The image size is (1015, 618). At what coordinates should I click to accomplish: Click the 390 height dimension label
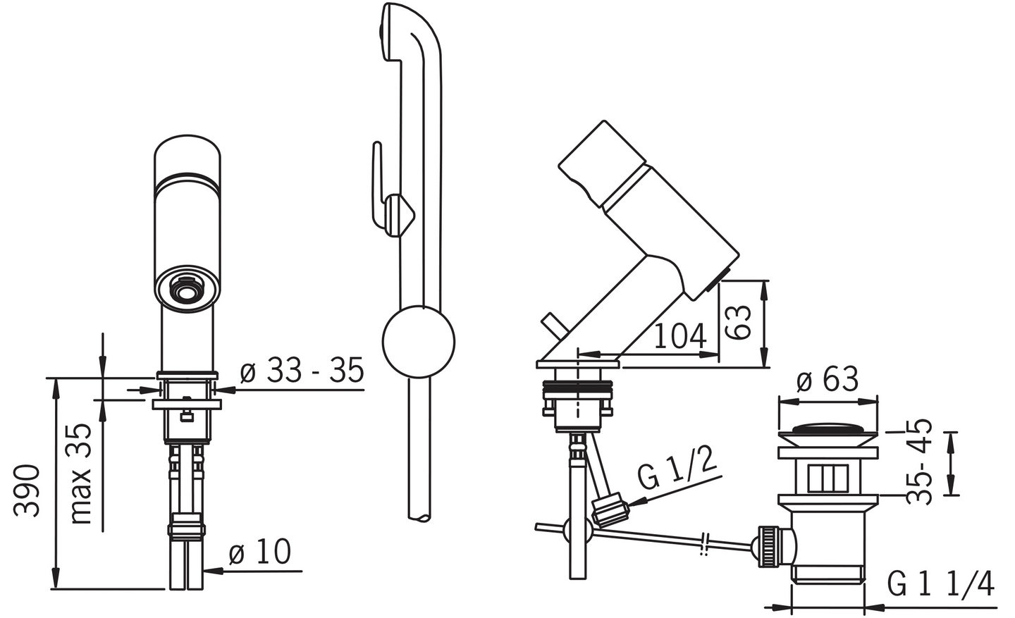pyautogui.click(x=26, y=490)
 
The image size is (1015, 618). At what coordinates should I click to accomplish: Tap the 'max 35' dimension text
pyautogui.click(x=82, y=474)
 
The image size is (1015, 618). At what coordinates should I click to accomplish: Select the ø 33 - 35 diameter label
pyautogui.click(x=302, y=370)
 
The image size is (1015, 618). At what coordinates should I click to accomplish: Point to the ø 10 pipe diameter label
pyautogui.click(x=259, y=551)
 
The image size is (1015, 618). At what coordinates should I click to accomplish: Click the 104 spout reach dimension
pyautogui.click(x=680, y=337)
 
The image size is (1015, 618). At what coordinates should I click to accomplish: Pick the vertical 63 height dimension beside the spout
pyautogui.click(x=738, y=322)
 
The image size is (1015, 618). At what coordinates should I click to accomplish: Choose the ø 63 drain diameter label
pyautogui.click(x=828, y=379)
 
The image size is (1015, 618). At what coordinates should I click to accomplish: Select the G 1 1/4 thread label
pyautogui.click(x=941, y=584)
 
